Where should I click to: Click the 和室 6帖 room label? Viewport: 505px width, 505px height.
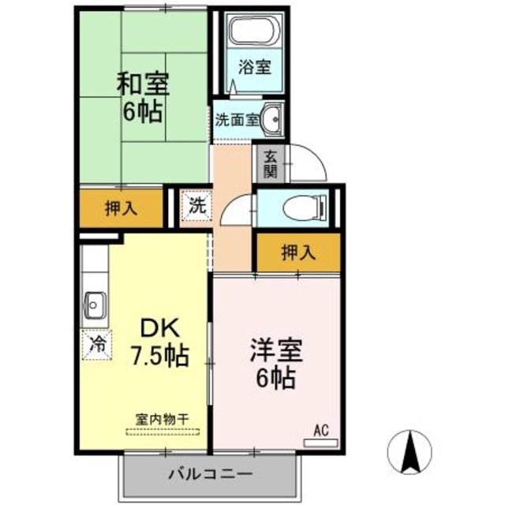coord(143,96)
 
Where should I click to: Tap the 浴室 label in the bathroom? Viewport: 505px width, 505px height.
coord(256,67)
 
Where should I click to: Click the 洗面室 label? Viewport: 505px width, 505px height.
coord(237,120)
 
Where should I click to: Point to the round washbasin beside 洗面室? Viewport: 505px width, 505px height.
coord(273,119)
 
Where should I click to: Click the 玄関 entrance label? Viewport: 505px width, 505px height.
coord(271,163)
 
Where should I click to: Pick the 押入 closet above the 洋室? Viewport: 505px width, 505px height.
coord(298,252)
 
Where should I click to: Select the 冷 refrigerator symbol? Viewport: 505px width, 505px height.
coord(96,344)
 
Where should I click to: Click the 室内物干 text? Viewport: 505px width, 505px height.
coord(161,419)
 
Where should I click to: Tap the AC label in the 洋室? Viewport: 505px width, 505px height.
coord(321,431)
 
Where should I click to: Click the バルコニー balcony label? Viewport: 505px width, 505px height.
coord(210,475)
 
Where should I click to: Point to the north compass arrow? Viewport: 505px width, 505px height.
coord(411,452)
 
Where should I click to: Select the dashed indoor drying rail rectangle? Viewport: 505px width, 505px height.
coord(163,432)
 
